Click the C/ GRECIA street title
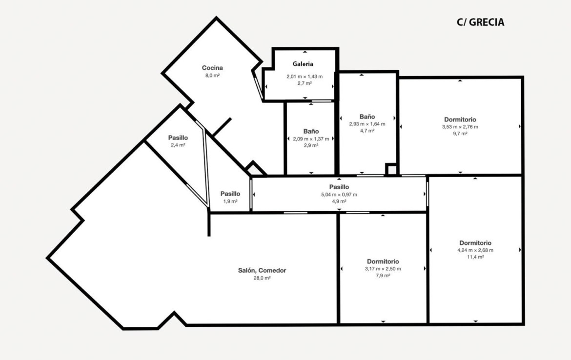pos(480,22)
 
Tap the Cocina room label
pos(212,68)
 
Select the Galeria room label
pos(303,64)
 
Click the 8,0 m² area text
pos(212,75)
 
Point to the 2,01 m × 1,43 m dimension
pos(305,77)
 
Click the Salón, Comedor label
pos(262,270)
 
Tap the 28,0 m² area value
pos(262,278)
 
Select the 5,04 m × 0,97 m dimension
pos(339,194)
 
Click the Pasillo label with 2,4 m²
pos(178,138)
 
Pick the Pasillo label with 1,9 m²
pos(230,194)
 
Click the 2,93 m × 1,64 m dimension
pos(367,124)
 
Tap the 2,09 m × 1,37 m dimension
pos(311,139)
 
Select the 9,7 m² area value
pos(460,134)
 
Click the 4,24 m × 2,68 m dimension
pos(475,250)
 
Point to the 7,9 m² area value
pos(383,276)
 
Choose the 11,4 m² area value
pos(475,257)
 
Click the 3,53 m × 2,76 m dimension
pos(460,127)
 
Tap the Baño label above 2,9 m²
pos(311,131)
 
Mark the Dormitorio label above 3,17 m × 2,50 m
pos(383,261)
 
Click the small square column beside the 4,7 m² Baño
pos(391,170)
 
